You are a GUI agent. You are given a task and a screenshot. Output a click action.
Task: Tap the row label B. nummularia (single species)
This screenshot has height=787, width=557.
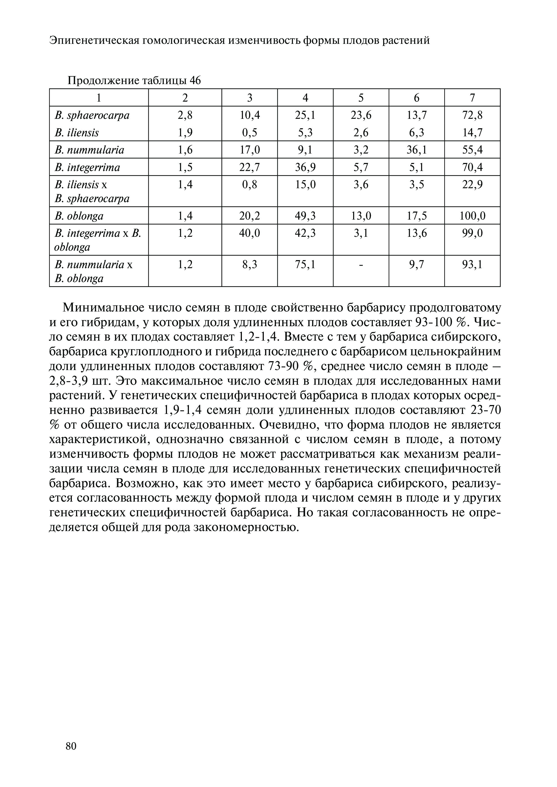90,150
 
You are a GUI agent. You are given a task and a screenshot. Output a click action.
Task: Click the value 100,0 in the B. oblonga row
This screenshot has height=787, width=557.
472,216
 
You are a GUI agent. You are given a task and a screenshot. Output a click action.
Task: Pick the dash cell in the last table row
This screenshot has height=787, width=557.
361,265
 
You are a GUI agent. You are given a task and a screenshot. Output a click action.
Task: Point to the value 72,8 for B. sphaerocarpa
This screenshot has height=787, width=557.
472,115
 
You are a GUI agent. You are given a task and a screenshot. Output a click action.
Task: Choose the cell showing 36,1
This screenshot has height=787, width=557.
417,150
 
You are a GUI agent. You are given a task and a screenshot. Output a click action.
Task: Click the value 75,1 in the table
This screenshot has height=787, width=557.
305,265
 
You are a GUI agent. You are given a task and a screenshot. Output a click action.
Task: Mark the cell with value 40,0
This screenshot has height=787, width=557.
250,233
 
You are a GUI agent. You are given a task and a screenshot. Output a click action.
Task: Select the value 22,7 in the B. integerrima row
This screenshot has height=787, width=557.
250,167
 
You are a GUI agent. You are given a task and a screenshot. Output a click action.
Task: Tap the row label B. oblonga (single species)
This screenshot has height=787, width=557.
79,216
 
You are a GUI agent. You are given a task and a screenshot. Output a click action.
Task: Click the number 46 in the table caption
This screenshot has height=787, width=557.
195,81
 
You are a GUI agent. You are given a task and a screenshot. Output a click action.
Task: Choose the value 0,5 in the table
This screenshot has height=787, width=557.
250,132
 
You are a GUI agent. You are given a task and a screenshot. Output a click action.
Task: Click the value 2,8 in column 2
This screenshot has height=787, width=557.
185,115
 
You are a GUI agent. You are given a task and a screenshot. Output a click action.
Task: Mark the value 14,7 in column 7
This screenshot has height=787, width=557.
472,132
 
